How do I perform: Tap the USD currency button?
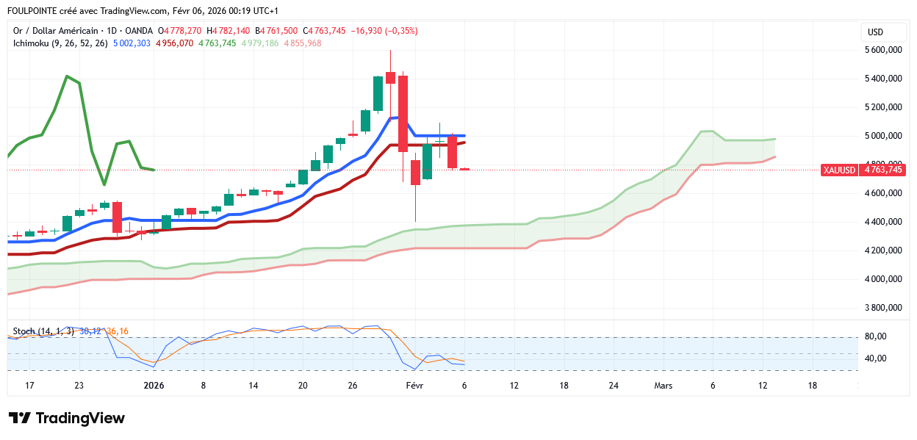point(875,32)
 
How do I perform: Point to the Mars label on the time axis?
point(663,385)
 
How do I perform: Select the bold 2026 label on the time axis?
point(154,385)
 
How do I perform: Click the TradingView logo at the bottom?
point(67,418)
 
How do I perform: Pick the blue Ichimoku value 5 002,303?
point(132,43)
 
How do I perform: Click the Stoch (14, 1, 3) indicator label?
point(43,331)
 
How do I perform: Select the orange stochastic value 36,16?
point(118,331)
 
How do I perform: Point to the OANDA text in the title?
point(139,31)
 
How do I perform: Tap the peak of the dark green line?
point(67,76)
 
